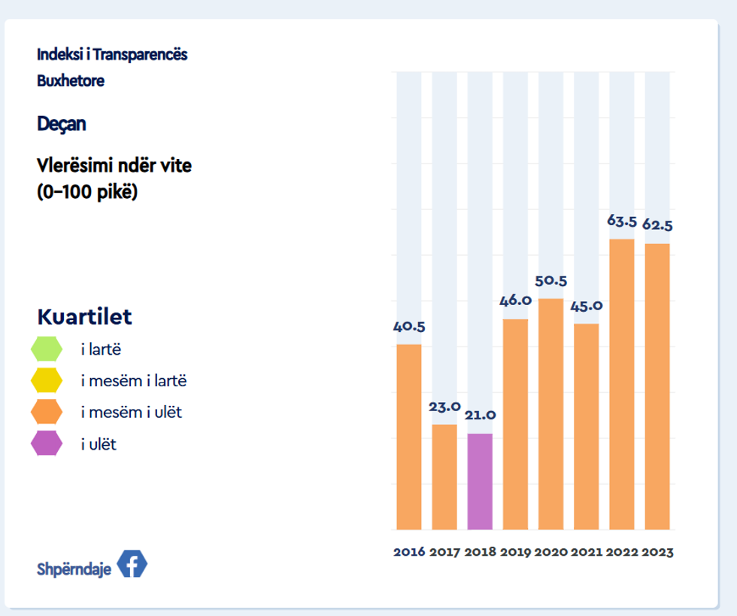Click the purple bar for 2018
pyautogui.click(x=480, y=481)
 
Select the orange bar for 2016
pyautogui.click(x=408, y=437)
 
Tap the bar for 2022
pyautogui.click(x=622, y=384)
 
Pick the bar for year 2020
pyautogui.click(x=550, y=414)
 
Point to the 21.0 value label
pyautogui.click(x=480, y=415)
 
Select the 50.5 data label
pyautogui.click(x=550, y=281)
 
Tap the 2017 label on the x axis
pyautogui.click(x=444, y=552)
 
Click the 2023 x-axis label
pyautogui.click(x=657, y=552)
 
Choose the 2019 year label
pyautogui.click(x=515, y=552)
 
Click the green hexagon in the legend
pyautogui.click(x=47, y=349)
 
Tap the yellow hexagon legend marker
pyautogui.click(x=47, y=380)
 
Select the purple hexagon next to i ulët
pyautogui.click(x=47, y=444)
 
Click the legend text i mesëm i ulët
pyautogui.click(x=132, y=413)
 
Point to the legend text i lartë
pyautogui.click(x=101, y=349)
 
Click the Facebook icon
pyautogui.click(x=132, y=565)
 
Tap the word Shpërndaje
pyautogui.click(x=74, y=569)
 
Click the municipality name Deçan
pyautogui.click(x=62, y=124)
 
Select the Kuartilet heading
pyautogui.click(x=84, y=317)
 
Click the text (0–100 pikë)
pyautogui.click(x=88, y=191)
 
